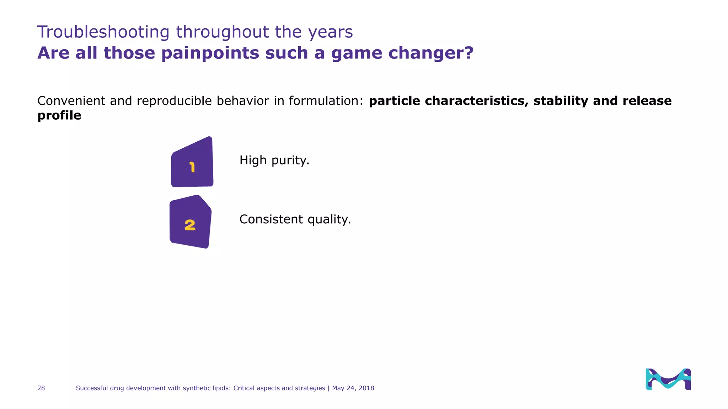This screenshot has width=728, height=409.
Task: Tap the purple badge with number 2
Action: click(191, 223)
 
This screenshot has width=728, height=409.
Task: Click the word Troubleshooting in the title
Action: click(103, 32)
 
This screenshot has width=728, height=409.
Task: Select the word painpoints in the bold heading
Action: click(210, 53)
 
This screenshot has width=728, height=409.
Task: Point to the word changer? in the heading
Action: click(431, 53)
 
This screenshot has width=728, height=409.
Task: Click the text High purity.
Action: click(274, 160)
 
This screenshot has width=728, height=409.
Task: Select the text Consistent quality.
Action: click(295, 219)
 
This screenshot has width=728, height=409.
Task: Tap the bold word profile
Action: click(59, 115)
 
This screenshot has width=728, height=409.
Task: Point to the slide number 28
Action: click(41, 388)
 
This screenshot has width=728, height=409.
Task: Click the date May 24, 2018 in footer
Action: click(353, 388)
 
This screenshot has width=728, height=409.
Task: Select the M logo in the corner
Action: click(668, 379)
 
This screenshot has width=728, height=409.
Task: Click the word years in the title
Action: click(330, 32)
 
